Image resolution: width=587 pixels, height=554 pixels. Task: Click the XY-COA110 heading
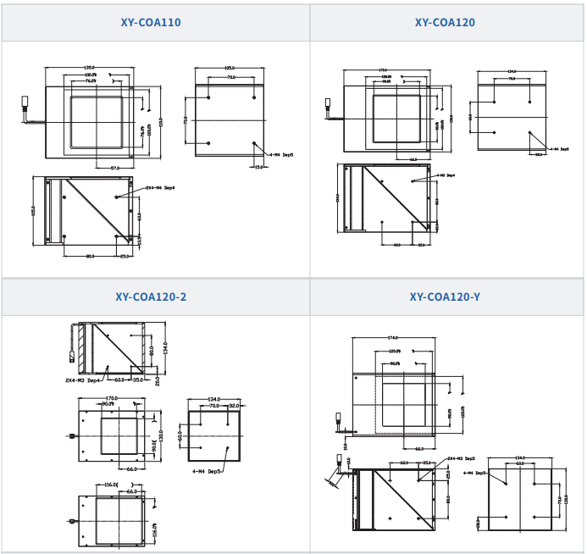(151, 22)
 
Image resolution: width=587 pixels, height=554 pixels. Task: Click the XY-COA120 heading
(444, 22)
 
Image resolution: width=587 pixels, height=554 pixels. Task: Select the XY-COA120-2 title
(151, 297)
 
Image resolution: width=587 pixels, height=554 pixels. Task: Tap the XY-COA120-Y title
(444, 297)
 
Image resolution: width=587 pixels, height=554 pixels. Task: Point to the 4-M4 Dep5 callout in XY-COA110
(280, 156)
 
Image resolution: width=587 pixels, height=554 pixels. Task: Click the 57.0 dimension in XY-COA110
(116, 168)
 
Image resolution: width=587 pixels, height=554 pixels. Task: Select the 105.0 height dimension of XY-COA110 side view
(34, 209)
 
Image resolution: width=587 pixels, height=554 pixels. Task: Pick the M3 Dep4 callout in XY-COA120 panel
(446, 175)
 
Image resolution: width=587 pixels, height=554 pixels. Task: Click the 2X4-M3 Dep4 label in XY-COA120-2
(82, 381)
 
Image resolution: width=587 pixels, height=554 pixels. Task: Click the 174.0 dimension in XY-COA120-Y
(393, 337)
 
